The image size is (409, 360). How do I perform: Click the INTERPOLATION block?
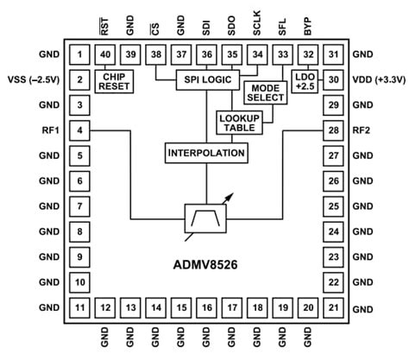pos(205,153)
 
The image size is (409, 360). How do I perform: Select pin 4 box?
pos(79,130)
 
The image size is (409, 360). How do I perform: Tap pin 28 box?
pos(332,130)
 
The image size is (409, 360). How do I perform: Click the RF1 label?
pos(47,130)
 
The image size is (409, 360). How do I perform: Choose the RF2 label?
pos(362,130)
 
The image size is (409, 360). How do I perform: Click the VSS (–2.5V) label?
pos(33,80)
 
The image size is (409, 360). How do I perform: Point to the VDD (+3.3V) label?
pos(376,80)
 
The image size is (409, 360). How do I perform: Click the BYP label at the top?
pos(307,26)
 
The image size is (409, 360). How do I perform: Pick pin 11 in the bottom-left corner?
pos(79,308)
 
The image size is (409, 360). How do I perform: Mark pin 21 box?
pos(332,308)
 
